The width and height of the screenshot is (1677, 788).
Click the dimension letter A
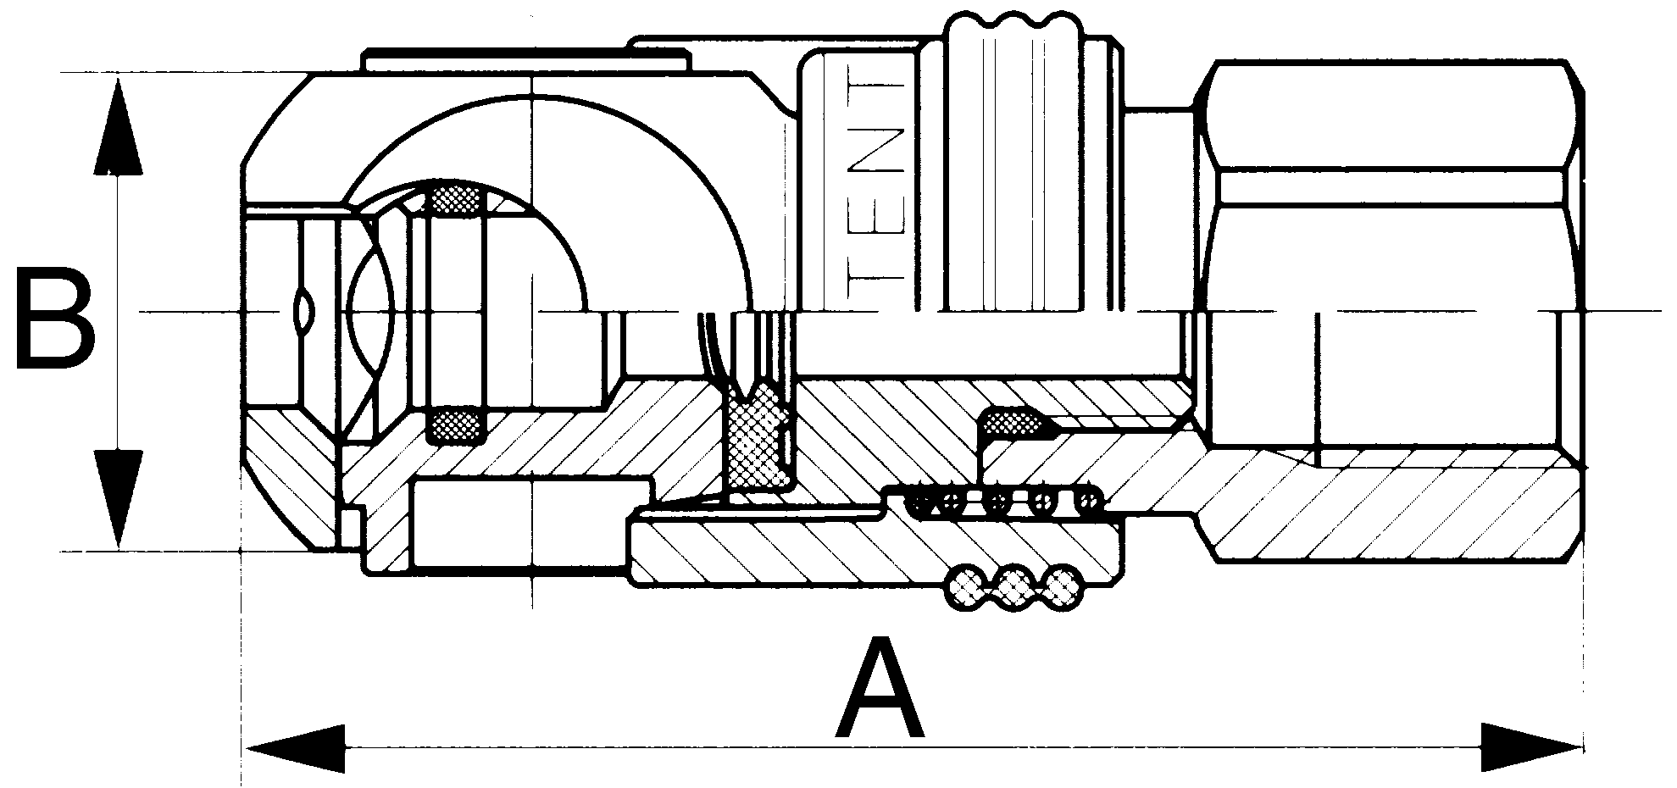[879, 691]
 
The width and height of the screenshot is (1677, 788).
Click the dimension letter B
[56, 319]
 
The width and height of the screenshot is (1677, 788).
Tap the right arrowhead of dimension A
[1530, 748]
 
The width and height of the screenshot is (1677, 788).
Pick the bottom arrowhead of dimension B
[117, 500]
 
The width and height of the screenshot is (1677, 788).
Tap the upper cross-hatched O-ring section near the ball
[457, 198]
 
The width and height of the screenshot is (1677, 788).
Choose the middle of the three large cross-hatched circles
[1013, 585]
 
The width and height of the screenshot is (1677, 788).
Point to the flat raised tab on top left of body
[525, 61]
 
